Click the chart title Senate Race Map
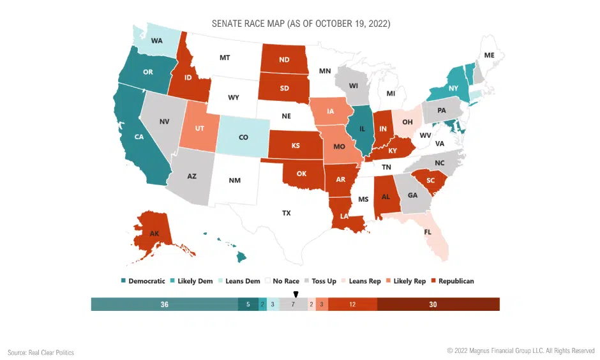[301, 24]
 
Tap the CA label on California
[139, 136]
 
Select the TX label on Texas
[286, 213]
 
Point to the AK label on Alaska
[154, 234]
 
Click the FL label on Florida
[428, 232]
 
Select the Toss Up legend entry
[321, 281]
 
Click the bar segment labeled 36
[164, 304]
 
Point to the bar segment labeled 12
[352, 304]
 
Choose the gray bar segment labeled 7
[293, 304]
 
